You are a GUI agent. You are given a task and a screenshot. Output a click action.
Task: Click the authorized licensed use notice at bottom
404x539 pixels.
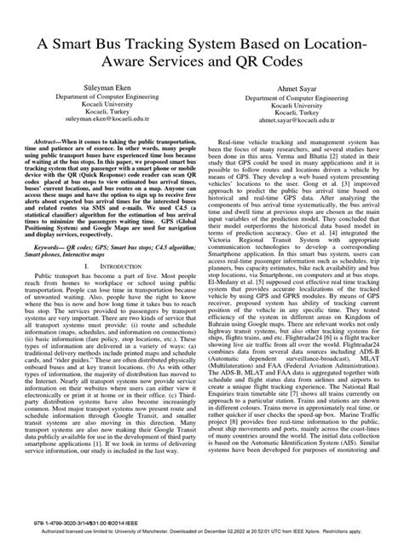[x=202, y=530]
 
